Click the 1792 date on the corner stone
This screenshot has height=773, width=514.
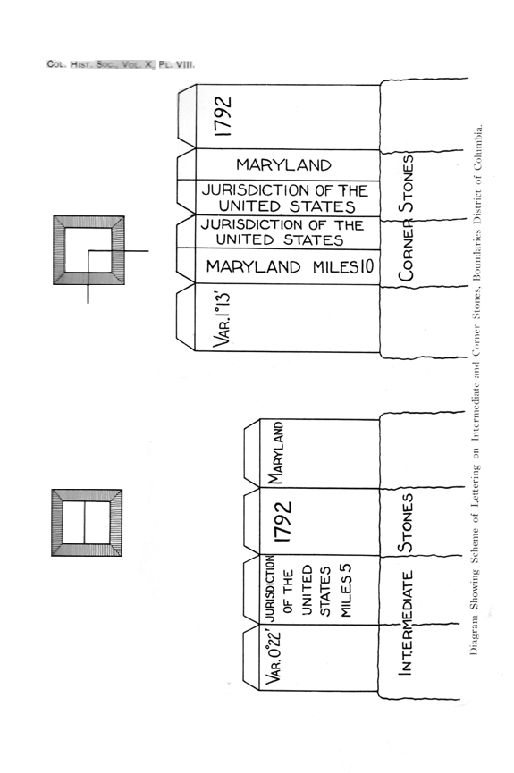click(x=223, y=117)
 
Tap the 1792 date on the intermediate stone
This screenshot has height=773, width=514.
click(x=283, y=522)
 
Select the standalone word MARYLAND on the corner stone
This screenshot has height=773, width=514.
click(x=283, y=164)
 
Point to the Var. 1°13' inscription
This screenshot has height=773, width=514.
click(x=222, y=319)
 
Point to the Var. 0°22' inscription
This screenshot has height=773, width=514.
click(x=273, y=657)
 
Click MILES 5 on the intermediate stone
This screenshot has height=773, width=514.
click(x=345, y=590)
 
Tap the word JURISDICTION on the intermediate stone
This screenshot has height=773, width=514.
click(x=270, y=588)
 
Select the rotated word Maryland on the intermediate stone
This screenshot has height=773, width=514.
click(x=275, y=453)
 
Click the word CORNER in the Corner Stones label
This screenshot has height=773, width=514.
click(x=406, y=250)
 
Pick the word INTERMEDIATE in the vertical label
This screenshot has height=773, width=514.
click(x=405, y=623)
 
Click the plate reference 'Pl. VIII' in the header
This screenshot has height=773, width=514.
click(x=177, y=64)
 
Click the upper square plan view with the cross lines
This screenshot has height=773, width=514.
click(x=88, y=250)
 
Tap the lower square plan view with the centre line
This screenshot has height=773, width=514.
click(x=87, y=523)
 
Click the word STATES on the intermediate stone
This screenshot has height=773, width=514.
click(x=325, y=591)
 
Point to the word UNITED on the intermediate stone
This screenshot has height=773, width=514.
click(x=307, y=590)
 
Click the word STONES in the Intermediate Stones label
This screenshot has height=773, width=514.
click(x=406, y=523)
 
